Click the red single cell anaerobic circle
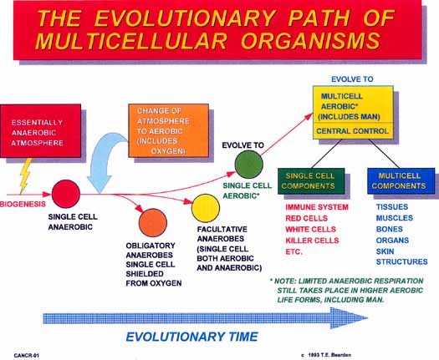tap(66, 194)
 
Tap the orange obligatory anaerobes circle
tap(153, 223)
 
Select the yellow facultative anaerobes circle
tap(206, 208)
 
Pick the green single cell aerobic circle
tap(248, 165)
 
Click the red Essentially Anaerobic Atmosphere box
tap(41, 130)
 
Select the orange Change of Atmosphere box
tap(169, 130)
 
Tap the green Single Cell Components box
tap(311, 181)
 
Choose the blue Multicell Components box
tap(401, 181)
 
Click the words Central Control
tap(352, 131)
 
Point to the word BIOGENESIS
tap(23, 204)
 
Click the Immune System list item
tap(317, 207)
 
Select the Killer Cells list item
tap(312, 241)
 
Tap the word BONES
tap(390, 229)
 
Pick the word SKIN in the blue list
tap(385, 251)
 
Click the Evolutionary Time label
tap(192, 337)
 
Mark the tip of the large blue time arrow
tap(368, 317)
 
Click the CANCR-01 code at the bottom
tap(27, 356)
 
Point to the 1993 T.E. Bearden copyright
tap(326, 355)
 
